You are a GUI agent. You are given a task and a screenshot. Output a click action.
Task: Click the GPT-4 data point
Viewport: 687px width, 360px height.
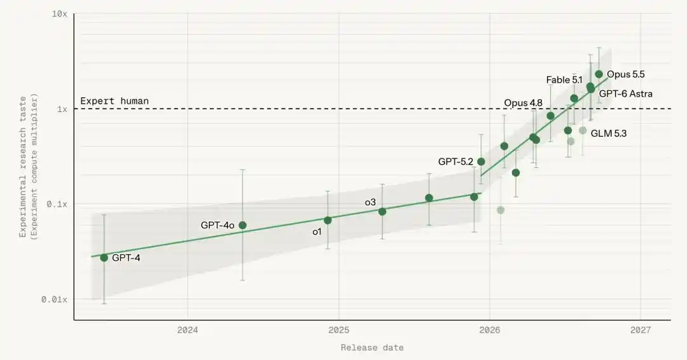pyautogui.click(x=104, y=258)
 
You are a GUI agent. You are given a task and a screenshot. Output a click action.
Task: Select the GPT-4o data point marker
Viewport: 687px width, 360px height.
pyautogui.click(x=242, y=225)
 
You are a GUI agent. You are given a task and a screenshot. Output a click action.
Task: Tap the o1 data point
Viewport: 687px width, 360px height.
pyautogui.click(x=328, y=220)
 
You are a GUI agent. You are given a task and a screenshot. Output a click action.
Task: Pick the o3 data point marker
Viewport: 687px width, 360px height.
pyautogui.click(x=382, y=212)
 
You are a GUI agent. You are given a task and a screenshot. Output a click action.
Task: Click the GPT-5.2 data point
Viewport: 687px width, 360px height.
pyautogui.click(x=481, y=162)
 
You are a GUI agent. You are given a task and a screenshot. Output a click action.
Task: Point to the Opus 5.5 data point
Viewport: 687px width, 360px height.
pyautogui.click(x=599, y=74)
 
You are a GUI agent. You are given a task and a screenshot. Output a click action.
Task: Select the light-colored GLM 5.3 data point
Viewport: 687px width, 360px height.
pyautogui.click(x=582, y=130)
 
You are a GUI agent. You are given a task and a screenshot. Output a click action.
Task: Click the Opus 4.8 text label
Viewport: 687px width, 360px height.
pyautogui.click(x=523, y=103)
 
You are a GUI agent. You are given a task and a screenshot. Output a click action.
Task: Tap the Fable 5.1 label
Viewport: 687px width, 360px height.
pyautogui.click(x=564, y=80)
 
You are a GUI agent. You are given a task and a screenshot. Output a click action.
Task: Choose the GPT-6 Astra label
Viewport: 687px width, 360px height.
pyautogui.click(x=625, y=93)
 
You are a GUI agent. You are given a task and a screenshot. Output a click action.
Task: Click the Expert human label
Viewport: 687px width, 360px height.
pyautogui.click(x=114, y=100)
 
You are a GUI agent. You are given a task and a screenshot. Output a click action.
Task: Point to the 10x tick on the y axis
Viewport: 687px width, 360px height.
pyautogui.click(x=60, y=13)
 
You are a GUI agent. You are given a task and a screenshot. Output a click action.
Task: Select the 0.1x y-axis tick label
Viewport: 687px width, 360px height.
pyautogui.click(x=57, y=204)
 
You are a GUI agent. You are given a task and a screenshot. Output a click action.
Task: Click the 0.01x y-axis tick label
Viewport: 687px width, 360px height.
pyautogui.click(x=54, y=300)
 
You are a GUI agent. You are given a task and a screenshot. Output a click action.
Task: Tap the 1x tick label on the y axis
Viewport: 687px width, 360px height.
pyautogui.click(x=62, y=109)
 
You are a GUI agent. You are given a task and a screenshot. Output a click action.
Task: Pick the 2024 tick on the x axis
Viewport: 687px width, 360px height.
pyautogui.click(x=188, y=330)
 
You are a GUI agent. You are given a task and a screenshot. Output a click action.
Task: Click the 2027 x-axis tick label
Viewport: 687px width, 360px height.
pyautogui.click(x=641, y=330)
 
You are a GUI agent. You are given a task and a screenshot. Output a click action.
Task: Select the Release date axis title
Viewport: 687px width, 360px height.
pyautogui.click(x=372, y=348)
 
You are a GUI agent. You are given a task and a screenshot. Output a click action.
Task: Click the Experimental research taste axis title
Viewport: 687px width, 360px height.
pyautogui.click(x=23, y=167)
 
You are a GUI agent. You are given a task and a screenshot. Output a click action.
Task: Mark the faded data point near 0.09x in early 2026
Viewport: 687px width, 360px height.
pyautogui.click(x=501, y=210)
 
